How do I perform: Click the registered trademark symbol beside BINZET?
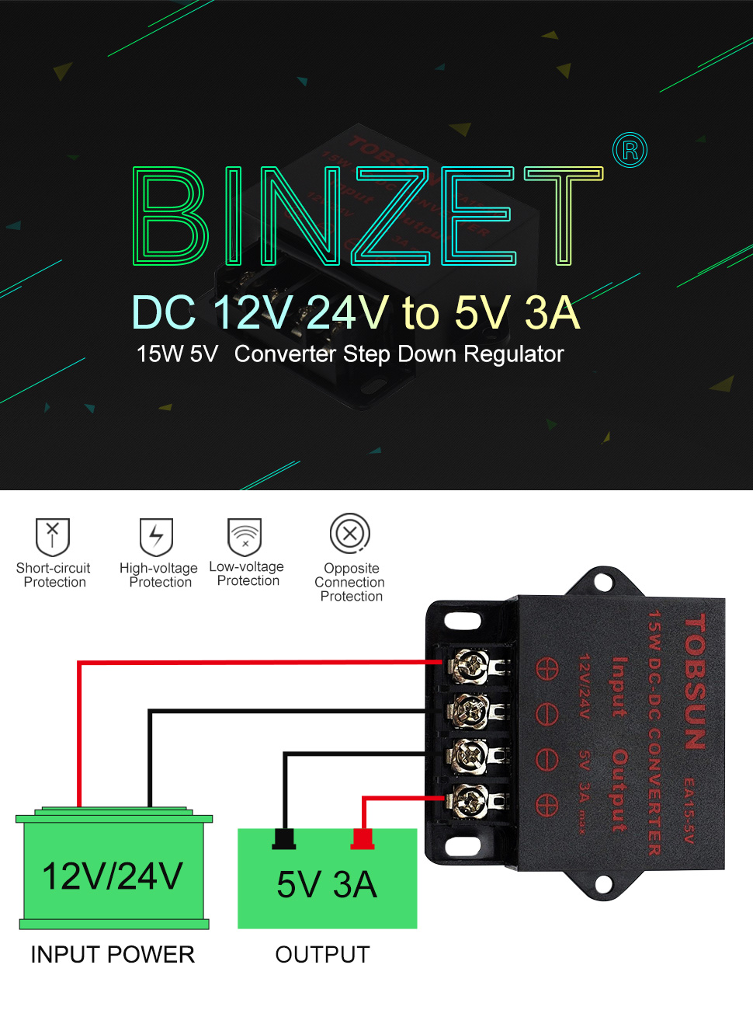630,150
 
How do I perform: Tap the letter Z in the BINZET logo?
392,216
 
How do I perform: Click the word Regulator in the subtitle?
513,354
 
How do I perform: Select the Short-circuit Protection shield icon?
53,536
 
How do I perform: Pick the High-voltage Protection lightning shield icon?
156,536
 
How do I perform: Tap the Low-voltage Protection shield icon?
245,536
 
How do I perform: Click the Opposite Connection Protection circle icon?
350,534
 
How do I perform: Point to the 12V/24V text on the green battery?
113,876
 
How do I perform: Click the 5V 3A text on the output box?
327,885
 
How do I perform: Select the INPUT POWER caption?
113,955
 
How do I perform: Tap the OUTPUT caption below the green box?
323,955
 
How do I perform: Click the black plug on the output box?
284,839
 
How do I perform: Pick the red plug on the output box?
363,839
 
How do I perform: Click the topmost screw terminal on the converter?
471,666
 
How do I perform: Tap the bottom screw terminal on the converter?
471,801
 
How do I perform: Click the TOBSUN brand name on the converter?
696,682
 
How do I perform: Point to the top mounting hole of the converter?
603,580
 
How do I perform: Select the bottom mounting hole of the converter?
603,883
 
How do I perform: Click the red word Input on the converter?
619,687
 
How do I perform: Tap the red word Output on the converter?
619,790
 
